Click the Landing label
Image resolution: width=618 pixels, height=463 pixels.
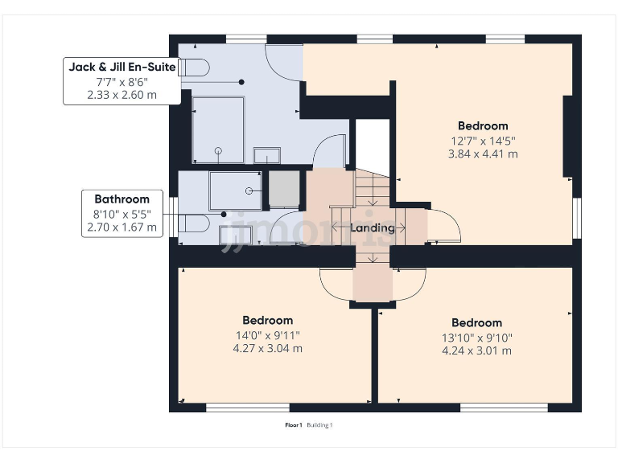click(372, 228)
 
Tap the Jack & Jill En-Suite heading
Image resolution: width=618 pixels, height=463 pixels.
click(122, 67)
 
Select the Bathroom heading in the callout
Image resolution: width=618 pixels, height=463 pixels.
click(122, 199)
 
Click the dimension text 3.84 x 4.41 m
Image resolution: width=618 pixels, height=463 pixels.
click(483, 154)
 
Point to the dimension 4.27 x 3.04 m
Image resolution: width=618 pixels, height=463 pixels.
click(268, 348)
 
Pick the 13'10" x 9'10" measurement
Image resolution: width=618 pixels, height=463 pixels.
click(477, 338)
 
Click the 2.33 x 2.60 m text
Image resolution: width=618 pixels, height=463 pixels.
click(122, 95)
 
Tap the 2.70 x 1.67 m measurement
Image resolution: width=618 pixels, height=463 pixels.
click(122, 227)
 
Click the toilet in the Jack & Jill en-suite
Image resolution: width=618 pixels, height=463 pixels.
click(193, 68)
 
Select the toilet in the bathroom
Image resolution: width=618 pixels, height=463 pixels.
click(193, 223)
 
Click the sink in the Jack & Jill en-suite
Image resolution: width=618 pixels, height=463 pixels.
click(267, 155)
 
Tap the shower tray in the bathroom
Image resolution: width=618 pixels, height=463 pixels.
click(235, 191)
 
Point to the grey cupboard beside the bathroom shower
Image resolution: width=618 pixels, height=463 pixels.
click(284, 189)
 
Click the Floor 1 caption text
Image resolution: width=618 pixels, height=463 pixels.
click(293, 425)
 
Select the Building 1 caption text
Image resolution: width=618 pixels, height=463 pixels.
click(319, 425)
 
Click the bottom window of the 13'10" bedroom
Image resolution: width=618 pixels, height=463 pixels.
click(504, 408)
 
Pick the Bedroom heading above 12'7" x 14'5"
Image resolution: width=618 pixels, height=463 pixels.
click(483, 126)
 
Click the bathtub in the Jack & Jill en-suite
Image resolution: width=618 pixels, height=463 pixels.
click(218, 129)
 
